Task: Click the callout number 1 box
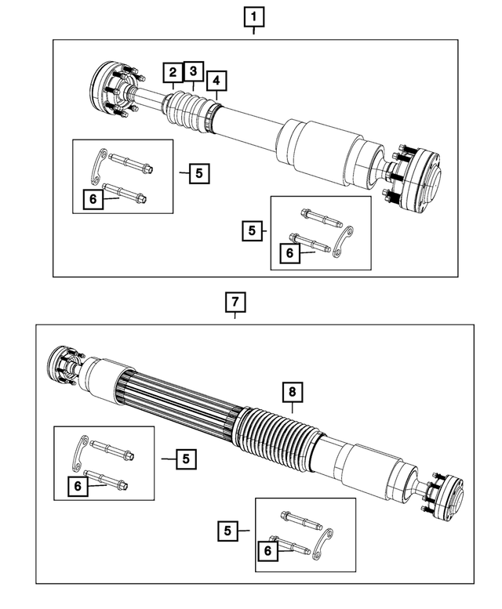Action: click(x=253, y=15)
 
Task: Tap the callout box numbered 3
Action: click(x=193, y=72)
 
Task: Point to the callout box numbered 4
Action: click(x=217, y=81)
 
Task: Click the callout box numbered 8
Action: click(x=292, y=391)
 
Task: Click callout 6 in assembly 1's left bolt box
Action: click(x=93, y=201)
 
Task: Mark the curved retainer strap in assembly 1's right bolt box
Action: click(x=343, y=242)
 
